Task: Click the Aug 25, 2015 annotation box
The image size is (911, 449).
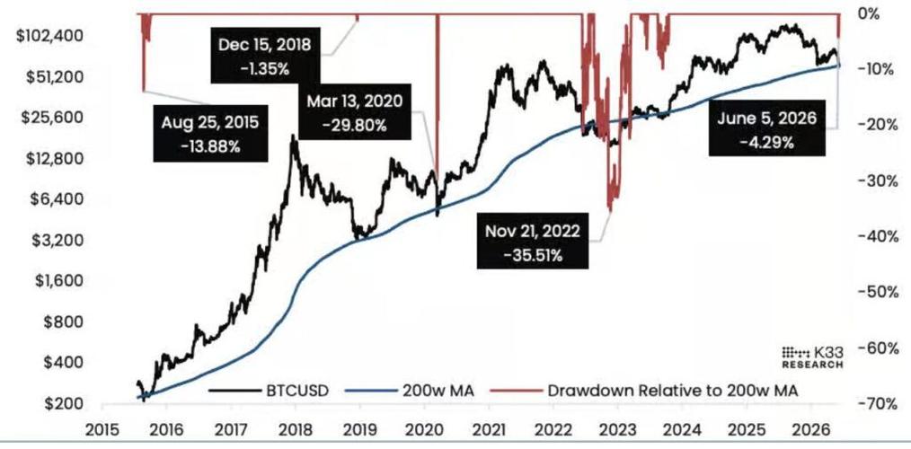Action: pyautogui.click(x=211, y=134)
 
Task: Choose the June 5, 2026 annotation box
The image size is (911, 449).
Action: pyautogui.click(x=767, y=129)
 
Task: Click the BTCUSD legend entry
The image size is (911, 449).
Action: pyautogui.click(x=269, y=391)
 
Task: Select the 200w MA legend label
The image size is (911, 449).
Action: pyautogui.click(x=410, y=391)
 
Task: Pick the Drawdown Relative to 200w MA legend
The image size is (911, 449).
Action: pyautogui.click(x=644, y=391)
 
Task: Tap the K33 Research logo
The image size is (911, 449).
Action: pyautogui.click(x=812, y=357)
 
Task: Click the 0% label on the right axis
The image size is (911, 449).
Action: pyautogui.click(x=869, y=14)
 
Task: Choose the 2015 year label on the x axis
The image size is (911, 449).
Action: pyautogui.click(x=102, y=430)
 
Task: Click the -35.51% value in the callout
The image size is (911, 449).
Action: pyautogui.click(x=533, y=255)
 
